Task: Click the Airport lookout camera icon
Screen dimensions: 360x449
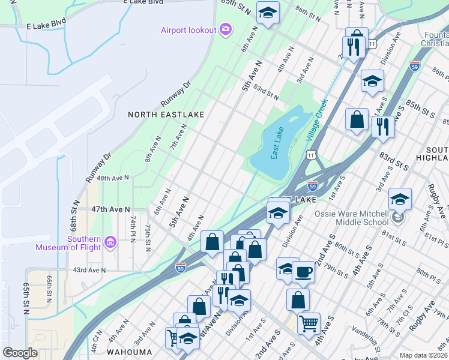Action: tap(226, 30)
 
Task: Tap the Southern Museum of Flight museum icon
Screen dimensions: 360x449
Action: tap(110, 242)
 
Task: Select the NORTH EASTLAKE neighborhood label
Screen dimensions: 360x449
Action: tap(166, 114)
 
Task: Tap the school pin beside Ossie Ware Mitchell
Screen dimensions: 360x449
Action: tap(400, 200)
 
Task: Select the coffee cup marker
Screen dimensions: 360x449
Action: tap(303, 272)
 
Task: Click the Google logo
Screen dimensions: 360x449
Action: tap(20, 353)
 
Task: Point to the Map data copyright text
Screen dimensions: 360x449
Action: tap(423, 355)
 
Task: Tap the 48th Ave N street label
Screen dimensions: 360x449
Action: tap(113, 178)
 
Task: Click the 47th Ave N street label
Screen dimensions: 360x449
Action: tap(110, 209)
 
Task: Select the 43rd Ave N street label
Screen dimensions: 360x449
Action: tap(89, 270)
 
